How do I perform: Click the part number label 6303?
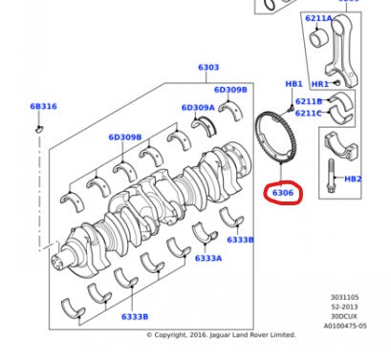click(x=207, y=68)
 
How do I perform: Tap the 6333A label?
click(x=208, y=258)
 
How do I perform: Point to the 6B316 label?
click(x=43, y=107)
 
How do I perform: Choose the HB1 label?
click(x=293, y=84)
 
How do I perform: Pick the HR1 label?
click(x=319, y=84)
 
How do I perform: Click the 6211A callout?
click(x=319, y=18)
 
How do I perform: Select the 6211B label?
click(x=309, y=101)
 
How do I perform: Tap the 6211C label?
click(x=309, y=113)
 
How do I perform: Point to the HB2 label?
click(x=352, y=179)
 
